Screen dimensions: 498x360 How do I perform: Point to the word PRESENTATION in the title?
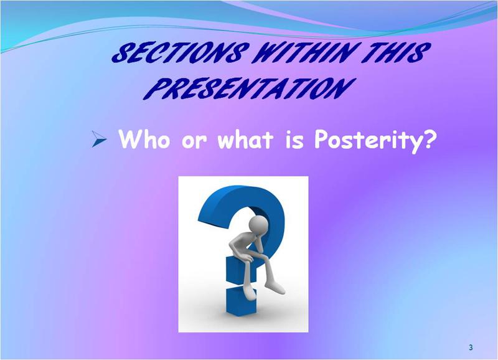(x=249, y=88)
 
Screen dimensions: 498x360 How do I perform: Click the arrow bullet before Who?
(x=99, y=139)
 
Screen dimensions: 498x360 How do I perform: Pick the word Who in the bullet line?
(x=144, y=138)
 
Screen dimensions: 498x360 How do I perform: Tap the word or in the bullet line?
(x=194, y=142)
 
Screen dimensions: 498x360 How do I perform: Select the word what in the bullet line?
(x=245, y=139)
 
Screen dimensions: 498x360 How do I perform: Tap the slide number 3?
(x=471, y=348)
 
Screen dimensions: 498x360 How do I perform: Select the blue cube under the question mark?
(x=241, y=301)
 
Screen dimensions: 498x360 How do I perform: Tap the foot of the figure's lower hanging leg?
(x=250, y=292)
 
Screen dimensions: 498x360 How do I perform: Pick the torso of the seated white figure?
(x=242, y=244)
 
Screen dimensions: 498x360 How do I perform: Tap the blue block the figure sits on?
(x=242, y=271)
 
